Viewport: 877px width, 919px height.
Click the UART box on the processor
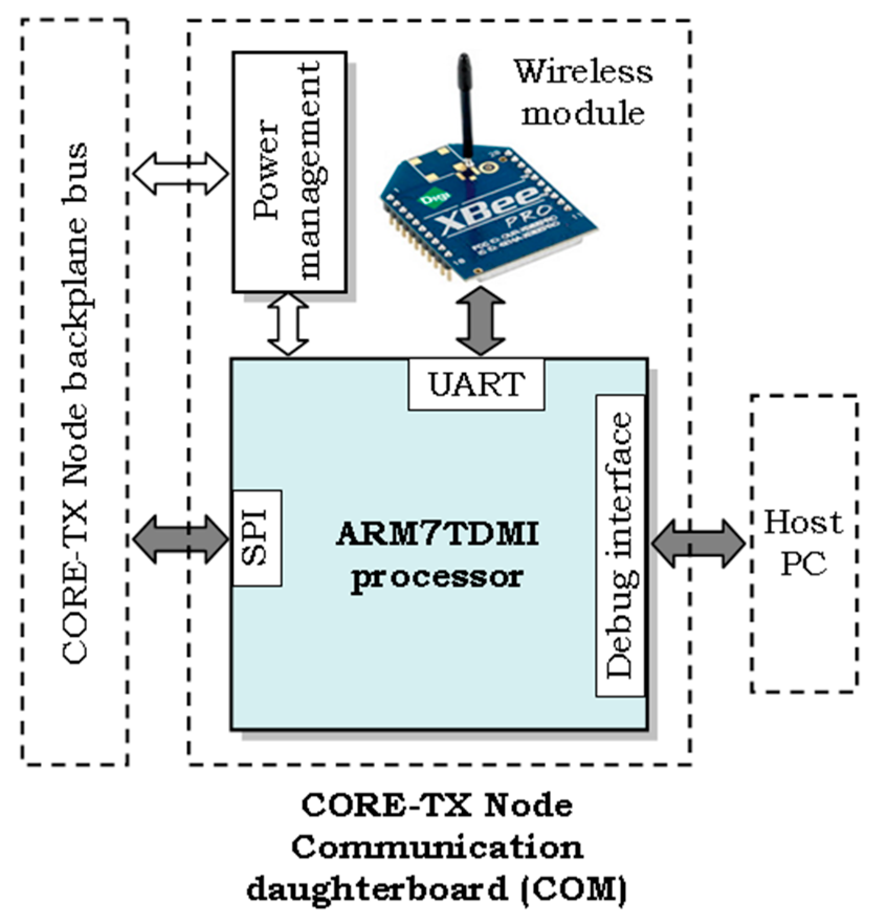(x=476, y=384)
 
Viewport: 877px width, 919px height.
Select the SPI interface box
(x=257, y=537)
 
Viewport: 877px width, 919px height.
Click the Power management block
(x=289, y=172)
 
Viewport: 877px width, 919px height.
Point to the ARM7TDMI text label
(x=437, y=535)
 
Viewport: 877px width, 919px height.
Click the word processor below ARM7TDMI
(x=437, y=578)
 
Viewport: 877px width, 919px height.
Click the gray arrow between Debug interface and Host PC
(x=698, y=544)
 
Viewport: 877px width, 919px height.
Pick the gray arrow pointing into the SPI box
(x=181, y=539)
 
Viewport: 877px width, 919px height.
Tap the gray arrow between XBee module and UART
(x=480, y=321)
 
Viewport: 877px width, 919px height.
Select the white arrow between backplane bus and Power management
(x=181, y=173)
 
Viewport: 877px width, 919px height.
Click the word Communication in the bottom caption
(x=437, y=847)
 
